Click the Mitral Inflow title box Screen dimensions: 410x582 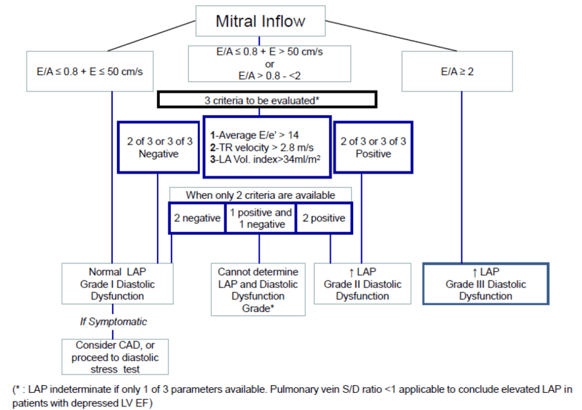tap(260, 21)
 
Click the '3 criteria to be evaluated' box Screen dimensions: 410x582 tap(266, 100)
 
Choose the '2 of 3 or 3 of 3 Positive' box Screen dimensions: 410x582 tap(373, 147)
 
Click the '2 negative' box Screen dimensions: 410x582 tap(197, 218)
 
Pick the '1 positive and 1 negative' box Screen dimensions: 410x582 tap(260, 218)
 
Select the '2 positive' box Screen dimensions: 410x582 tap(323, 218)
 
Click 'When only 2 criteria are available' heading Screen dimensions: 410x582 tap(260, 195)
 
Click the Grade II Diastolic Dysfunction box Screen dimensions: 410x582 tap(362, 283)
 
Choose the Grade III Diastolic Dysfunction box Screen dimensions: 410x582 tap(485, 283)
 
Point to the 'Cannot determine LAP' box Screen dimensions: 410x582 tap(258, 290)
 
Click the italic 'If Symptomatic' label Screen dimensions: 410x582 tap(113, 322)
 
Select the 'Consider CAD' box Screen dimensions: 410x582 tap(115, 357)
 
